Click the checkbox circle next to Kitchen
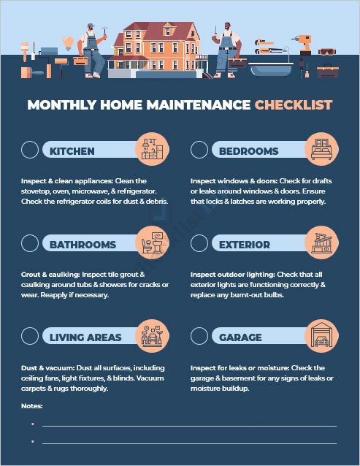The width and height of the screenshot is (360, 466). click(31, 150)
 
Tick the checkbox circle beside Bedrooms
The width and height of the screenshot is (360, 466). click(199, 150)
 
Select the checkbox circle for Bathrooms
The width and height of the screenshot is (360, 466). click(31, 243)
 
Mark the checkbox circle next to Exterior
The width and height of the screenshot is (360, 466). click(199, 243)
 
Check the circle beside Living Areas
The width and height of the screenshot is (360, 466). click(31, 336)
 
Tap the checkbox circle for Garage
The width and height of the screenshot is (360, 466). click(199, 336)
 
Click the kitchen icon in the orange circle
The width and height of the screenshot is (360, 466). click(152, 150)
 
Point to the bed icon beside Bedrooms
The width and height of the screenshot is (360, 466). click(321, 150)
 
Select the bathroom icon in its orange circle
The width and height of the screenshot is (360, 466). click(152, 242)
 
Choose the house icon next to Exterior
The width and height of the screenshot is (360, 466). click(321, 242)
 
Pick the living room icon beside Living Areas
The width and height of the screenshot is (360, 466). click(152, 336)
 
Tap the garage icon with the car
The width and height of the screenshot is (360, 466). click(321, 336)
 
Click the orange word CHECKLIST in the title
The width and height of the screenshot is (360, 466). click(293, 105)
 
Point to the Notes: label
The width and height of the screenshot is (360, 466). click(32, 405)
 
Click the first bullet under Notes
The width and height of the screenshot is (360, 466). click(33, 424)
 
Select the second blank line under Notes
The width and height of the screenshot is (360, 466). click(189, 443)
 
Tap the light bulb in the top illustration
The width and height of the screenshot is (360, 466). click(69, 42)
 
